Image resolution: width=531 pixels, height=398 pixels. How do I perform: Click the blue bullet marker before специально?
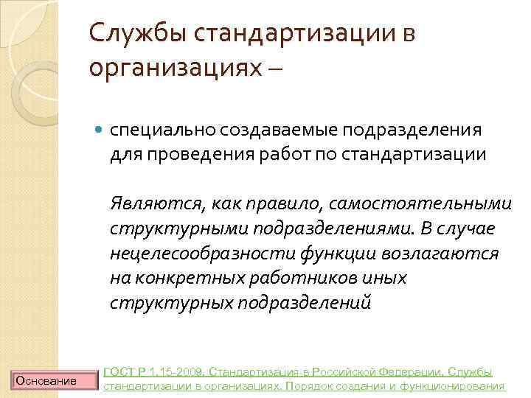tap(100, 131)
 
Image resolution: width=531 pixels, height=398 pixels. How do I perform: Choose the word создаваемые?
tap(240, 130)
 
